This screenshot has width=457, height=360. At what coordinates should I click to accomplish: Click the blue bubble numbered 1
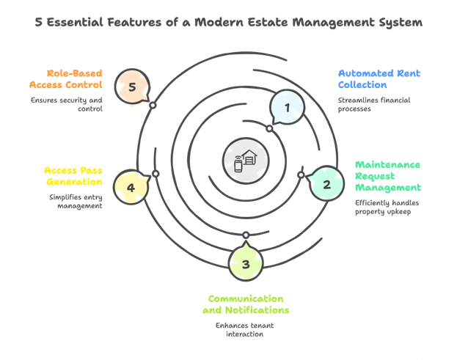[x=288, y=108]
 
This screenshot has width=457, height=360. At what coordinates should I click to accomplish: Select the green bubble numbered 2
[x=326, y=184]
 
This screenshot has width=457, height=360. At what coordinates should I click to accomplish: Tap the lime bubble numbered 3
[x=246, y=264]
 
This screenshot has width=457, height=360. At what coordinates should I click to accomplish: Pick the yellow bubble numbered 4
[x=131, y=187]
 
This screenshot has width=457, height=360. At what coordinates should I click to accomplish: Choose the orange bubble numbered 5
[x=132, y=87]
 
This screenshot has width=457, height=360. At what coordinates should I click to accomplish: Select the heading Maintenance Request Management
[x=388, y=177]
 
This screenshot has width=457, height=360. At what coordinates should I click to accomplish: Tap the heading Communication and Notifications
[x=246, y=304]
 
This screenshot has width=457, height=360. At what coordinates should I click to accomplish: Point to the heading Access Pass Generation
[x=73, y=176]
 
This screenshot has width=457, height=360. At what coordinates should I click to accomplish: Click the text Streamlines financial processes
[x=373, y=104]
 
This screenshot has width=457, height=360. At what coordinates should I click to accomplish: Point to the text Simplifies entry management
[x=76, y=202]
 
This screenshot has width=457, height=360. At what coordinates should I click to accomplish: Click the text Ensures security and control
[x=67, y=104]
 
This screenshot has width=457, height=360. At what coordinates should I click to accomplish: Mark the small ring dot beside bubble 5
[x=153, y=106]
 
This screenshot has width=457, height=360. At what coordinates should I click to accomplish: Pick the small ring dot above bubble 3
[x=246, y=235]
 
